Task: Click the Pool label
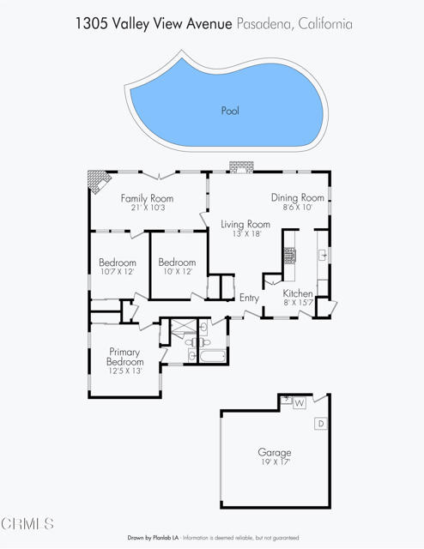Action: pyautogui.click(x=230, y=111)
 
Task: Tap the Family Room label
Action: pyautogui.click(x=147, y=198)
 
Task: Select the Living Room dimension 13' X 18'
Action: pyautogui.click(x=247, y=234)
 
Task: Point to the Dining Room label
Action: pyautogui.click(x=298, y=198)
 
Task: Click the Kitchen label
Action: pyautogui.click(x=298, y=293)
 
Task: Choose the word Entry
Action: pyautogui.click(x=249, y=298)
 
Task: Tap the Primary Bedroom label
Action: pyautogui.click(x=124, y=357)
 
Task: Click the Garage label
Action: pyautogui.click(x=275, y=452)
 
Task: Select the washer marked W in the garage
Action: pyautogui.click(x=299, y=403)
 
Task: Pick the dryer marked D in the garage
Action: pyautogui.click(x=321, y=424)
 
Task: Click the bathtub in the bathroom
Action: pyautogui.click(x=212, y=357)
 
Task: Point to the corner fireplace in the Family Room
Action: pyautogui.click(x=98, y=180)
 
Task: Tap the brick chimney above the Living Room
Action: pyautogui.click(x=241, y=167)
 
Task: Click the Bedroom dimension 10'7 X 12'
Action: pyautogui.click(x=117, y=272)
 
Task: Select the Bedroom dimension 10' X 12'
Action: pyautogui.click(x=178, y=272)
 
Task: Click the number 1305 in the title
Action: pyautogui.click(x=92, y=24)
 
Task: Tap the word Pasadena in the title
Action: pyautogui.click(x=265, y=24)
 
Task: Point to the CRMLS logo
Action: pyautogui.click(x=27, y=524)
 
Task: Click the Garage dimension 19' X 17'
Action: pyautogui.click(x=276, y=462)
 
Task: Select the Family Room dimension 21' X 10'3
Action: pyautogui.click(x=148, y=208)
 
